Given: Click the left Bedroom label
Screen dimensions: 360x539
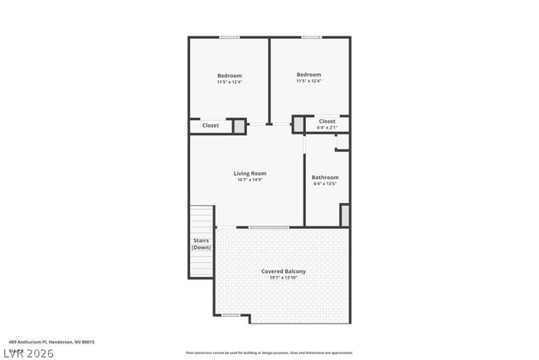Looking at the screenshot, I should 229,75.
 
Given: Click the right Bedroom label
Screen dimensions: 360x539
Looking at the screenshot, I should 308,75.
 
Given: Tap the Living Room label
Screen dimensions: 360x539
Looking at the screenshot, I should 250,173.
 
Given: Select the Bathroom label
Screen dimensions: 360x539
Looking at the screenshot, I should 325,177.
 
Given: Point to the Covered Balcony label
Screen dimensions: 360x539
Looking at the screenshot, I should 284,271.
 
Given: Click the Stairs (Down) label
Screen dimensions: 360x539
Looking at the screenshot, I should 202,244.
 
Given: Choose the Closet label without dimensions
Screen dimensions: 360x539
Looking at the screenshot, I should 211,125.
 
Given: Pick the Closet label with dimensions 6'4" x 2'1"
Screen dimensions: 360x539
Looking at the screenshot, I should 328,121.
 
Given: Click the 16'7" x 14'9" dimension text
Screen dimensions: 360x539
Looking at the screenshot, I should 250,180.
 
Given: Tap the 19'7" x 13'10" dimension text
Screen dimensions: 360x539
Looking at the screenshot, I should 284,278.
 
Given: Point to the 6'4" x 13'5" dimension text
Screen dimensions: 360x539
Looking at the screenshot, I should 325,183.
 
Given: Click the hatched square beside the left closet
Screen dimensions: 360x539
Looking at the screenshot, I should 239,126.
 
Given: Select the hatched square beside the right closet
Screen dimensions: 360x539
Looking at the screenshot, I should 299,124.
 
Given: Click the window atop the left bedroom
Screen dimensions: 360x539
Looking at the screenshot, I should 230,36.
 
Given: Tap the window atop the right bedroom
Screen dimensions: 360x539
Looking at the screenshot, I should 311,36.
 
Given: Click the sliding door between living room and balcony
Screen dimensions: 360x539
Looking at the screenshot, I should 269,226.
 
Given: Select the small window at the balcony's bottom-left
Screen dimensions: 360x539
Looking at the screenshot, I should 231,314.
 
